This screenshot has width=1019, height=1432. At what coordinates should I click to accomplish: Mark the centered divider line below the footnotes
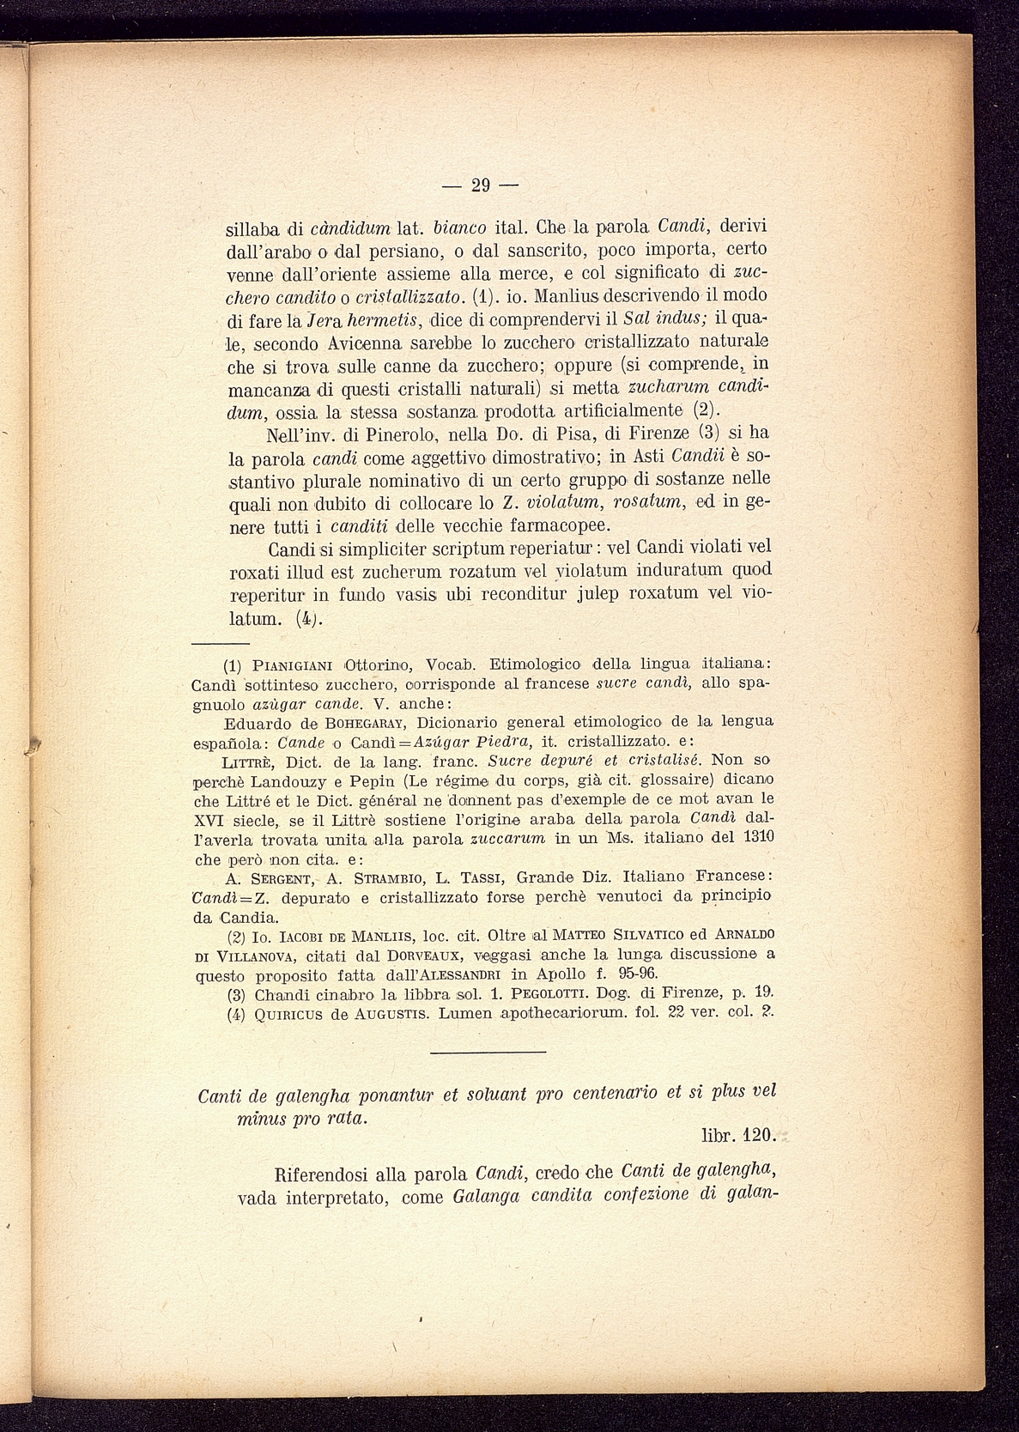(488, 1051)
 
